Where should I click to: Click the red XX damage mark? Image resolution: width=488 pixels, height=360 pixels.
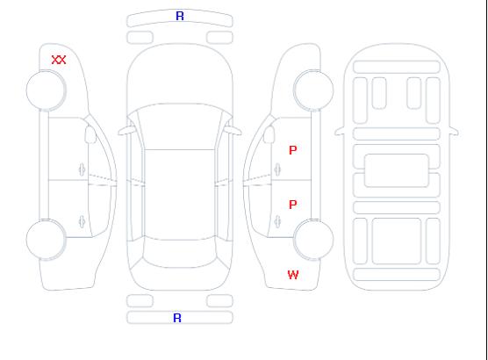click(x=59, y=60)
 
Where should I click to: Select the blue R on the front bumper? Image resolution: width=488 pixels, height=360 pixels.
click(x=180, y=16)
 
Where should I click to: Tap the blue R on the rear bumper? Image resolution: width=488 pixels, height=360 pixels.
click(x=177, y=318)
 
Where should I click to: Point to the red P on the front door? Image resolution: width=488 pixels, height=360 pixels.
click(x=293, y=150)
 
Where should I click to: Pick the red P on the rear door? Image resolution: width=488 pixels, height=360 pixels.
click(x=293, y=205)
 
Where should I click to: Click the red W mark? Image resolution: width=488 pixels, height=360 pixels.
click(x=293, y=275)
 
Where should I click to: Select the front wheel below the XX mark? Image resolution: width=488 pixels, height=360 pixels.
click(x=46, y=90)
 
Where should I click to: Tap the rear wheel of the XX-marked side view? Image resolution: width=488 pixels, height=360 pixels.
click(x=46, y=240)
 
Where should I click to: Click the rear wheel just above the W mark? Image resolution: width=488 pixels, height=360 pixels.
click(x=313, y=240)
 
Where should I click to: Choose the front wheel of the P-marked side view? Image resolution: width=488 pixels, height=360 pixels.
click(x=313, y=90)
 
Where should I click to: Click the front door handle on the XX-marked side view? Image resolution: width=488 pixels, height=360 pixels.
click(x=82, y=169)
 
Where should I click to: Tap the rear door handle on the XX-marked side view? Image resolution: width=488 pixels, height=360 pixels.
click(x=82, y=221)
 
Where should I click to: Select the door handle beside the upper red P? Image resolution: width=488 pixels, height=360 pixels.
click(x=277, y=169)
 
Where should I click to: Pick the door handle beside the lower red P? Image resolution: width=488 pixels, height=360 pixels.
click(x=277, y=221)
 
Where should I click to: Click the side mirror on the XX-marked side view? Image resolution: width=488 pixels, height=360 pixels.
click(x=90, y=134)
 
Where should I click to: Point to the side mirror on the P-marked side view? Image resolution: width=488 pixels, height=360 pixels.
click(x=269, y=134)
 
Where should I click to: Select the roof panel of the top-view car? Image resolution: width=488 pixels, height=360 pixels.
click(x=180, y=195)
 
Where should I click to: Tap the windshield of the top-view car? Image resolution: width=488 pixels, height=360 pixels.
click(x=180, y=126)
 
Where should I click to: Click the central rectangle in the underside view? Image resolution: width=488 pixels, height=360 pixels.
click(x=396, y=170)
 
